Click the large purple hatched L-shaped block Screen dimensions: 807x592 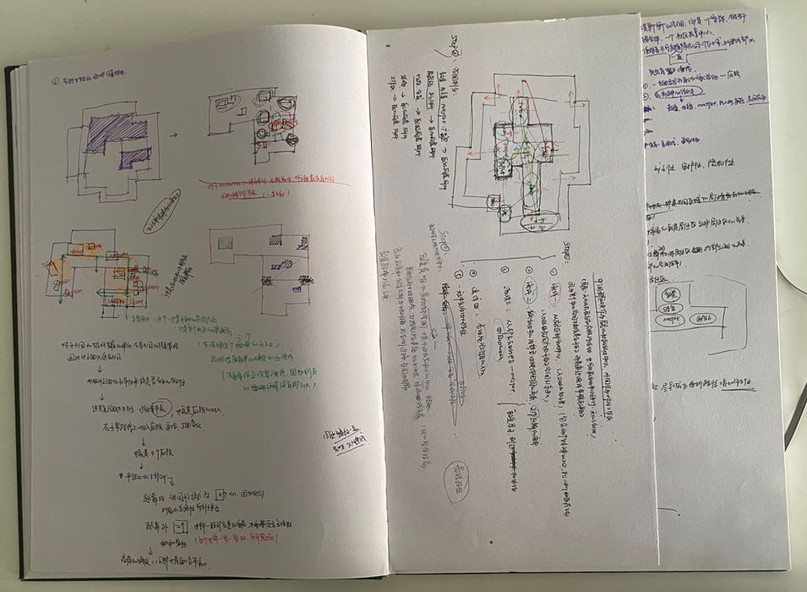point(113,131)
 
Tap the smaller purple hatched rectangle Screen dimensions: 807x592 point(134,156)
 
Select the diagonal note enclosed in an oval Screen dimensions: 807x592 point(161,211)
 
